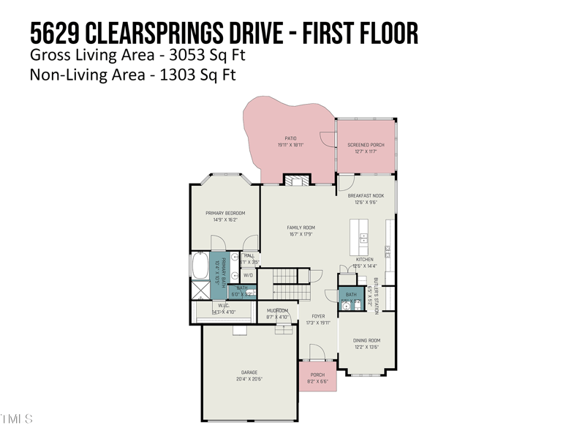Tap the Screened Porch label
(x=366, y=145)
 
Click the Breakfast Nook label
(x=366, y=195)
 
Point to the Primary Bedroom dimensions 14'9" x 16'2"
(x=225, y=219)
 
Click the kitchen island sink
(x=363, y=239)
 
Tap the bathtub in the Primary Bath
(x=200, y=266)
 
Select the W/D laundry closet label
(x=248, y=275)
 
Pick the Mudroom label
(x=277, y=310)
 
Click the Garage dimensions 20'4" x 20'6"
(x=249, y=379)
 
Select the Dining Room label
(x=366, y=340)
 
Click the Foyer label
(x=318, y=316)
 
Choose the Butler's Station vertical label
(x=377, y=296)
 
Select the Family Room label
(x=301, y=228)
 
